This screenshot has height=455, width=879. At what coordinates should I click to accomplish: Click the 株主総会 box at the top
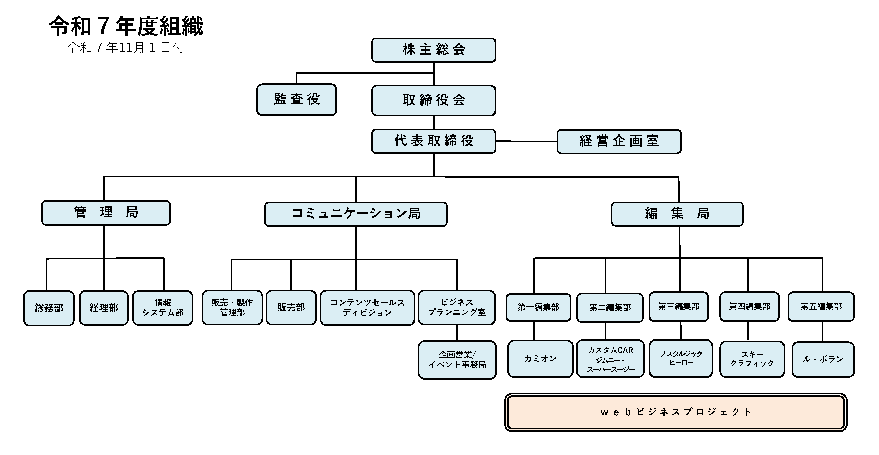click(x=433, y=50)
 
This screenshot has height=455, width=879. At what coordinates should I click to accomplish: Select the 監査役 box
click(x=296, y=100)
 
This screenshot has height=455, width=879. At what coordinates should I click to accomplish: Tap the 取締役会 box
click(x=433, y=100)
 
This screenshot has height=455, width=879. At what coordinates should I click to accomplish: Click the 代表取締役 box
click(x=433, y=141)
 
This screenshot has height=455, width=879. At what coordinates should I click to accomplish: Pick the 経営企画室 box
click(x=619, y=141)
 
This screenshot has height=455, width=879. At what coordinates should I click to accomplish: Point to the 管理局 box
click(x=106, y=212)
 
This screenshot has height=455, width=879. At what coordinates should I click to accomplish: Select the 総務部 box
click(x=49, y=308)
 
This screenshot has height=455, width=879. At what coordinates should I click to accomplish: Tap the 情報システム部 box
click(x=163, y=308)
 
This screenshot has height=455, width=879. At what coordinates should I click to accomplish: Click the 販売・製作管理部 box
click(x=232, y=307)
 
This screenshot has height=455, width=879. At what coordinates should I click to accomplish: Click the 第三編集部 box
click(x=678, y=307)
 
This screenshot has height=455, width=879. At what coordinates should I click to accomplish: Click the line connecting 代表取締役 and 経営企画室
click(x=526, y=141)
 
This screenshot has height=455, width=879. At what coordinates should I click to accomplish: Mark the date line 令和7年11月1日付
click(x=126, y=48)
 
